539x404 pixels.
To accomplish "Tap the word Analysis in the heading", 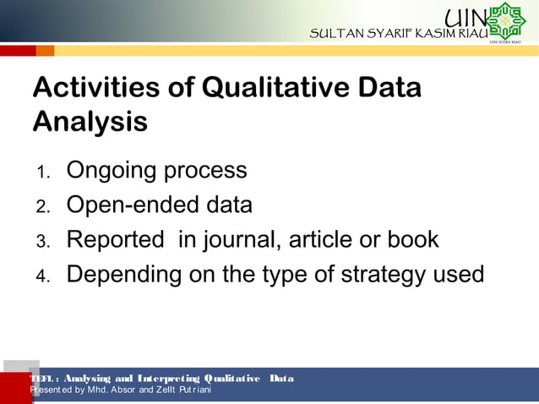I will point(90,122).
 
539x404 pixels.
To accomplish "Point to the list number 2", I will point(43,208).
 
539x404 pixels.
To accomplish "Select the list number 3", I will point(43,243).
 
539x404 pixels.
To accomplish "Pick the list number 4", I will point(43,277).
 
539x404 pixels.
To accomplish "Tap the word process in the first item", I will point(205,172).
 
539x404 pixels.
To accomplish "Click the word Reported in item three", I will point(115,240).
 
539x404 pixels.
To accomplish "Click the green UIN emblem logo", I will point(506,21).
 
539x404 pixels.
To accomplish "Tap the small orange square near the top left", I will point(45,51).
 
